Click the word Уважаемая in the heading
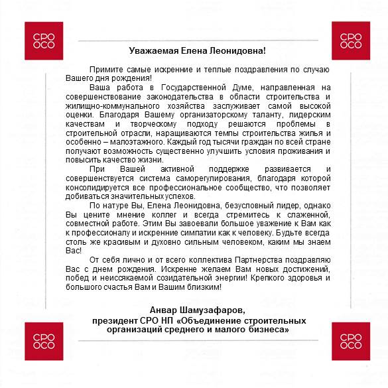pos(152,50)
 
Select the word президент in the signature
pos(117,320)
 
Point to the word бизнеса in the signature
pos(266,330)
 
